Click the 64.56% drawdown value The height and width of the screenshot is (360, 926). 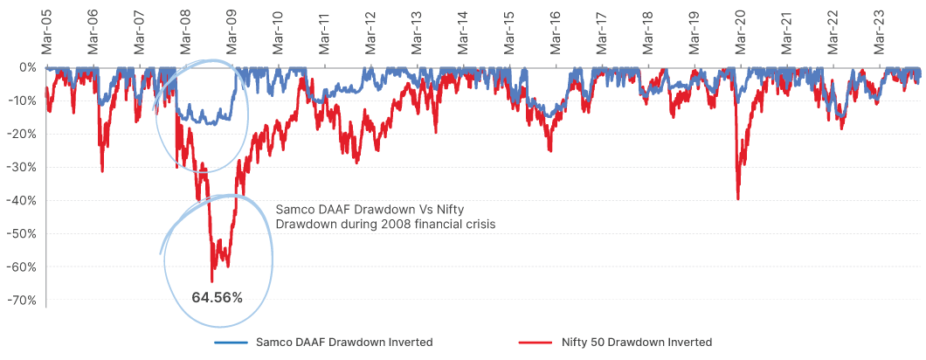click(218, 296)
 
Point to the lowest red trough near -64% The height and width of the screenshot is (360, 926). click(211, 280)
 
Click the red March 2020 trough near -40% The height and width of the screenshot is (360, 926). click(738, 199)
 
